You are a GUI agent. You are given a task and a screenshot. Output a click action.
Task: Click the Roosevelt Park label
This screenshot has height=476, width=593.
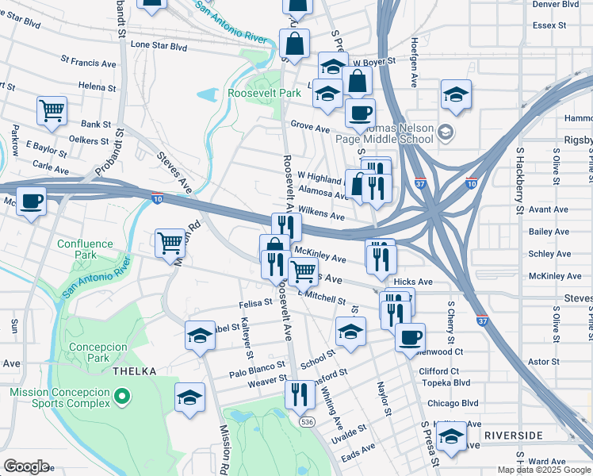click(264, 93)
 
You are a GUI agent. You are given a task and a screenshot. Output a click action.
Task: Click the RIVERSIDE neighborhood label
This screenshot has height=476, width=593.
click(513, 436)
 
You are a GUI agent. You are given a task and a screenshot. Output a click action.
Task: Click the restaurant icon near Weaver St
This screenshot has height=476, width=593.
click(299, 393)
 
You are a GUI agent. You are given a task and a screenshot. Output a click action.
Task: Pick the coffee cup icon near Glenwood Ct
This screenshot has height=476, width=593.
click(410, 337)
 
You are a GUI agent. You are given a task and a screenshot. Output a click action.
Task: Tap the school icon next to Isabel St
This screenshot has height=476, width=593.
click(200, 335)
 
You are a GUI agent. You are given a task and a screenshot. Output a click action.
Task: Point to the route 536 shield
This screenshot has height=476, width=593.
click(306, 422)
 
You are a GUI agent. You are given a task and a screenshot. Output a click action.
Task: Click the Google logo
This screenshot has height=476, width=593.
click(26, 466)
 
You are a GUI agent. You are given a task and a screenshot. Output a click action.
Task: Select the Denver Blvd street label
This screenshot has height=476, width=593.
click(556, 4)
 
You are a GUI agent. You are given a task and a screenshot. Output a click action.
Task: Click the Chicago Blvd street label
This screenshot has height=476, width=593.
click(453, 403)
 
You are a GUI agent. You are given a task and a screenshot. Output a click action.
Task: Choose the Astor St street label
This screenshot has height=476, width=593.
click(543, 361)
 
